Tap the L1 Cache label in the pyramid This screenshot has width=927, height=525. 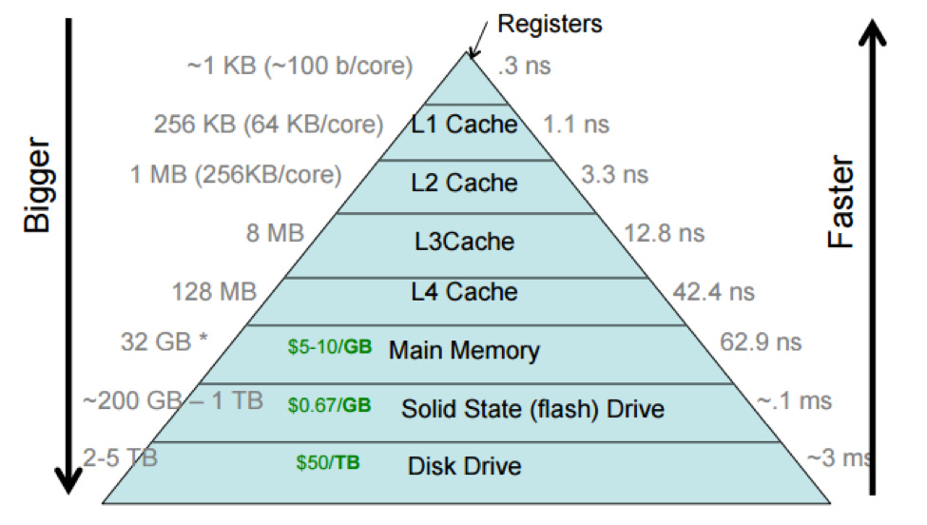click(464, 124)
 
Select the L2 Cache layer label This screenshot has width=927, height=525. click(464, 183)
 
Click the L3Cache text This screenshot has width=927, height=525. click(464, 241)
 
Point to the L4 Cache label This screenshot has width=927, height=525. click(464, 292)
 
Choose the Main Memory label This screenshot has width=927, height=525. click(464, 350)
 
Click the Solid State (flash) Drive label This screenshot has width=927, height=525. click(532, 409)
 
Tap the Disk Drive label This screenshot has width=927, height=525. click(464, 466)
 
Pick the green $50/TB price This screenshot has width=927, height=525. click(328, 464)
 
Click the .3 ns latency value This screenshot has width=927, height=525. click(525, 67)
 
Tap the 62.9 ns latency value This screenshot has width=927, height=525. click(760, 341)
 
